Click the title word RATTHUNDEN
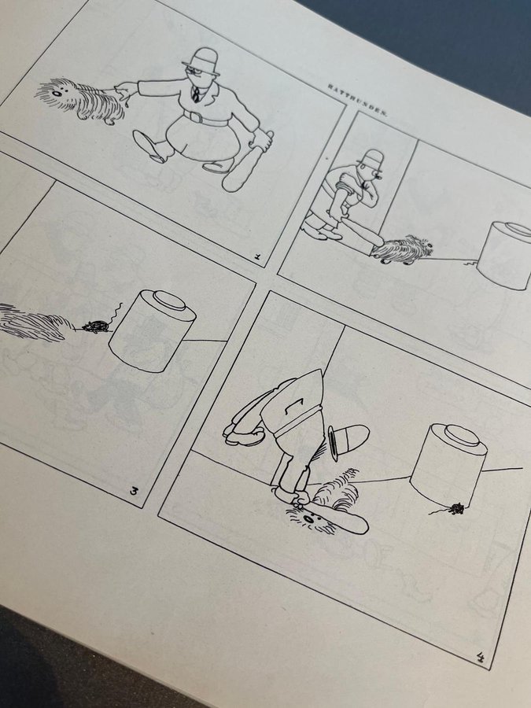tap(356, 99)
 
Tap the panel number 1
tap(257, 258)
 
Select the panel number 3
tap(134, 490)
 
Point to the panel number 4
tap(481, 658)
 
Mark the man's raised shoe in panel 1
tap(149, 146)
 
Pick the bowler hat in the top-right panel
tap(371, 160)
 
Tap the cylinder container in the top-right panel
tap(505, 254)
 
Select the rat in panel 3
tap(96, 326)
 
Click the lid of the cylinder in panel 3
tap(169, 301)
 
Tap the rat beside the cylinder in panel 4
tap(456, 509)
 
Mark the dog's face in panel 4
tap(312, 520)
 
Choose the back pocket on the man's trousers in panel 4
tap(287, 406)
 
